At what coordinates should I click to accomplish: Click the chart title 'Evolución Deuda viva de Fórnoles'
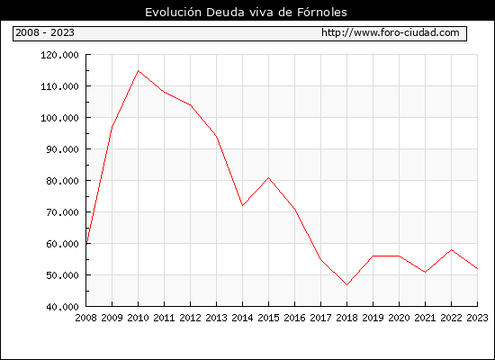pyautogui.click(x=246, y=13)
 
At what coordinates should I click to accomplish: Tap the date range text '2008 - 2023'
pyautogui.click(x=45, y=32)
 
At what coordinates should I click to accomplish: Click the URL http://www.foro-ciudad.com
pyautogui.click(x=391, y=32)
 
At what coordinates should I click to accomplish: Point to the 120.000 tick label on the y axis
pyautogui.click(x=59, y=55)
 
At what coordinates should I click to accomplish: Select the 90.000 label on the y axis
pyautogui.click(x=62, y=149)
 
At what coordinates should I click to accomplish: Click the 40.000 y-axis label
pyautogui.click(x=62, y=307)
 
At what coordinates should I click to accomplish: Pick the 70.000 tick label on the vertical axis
pyautogui.click(x=62, y=212)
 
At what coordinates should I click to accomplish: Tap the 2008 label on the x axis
pyautogui.click(x=85, y=318)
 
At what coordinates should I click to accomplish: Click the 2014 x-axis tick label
pyautogui.click(x=242, y=318)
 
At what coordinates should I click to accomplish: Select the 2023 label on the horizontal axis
pyautogui.click(x=477, y=318)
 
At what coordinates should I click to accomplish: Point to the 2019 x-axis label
pyautogui.click(x=373, y=318)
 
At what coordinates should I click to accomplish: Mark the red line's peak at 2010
pyautogui.click(x=138, y=71)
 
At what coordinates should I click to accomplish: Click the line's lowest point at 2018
pyautogui.click(x=346, y=284)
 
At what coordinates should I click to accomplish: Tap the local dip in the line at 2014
pyautogui.click(x=242, y=205)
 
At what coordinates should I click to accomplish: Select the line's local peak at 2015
pyautogui.click(x=269, y=178)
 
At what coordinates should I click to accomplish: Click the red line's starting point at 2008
pyautogui.click(x=86, y=244)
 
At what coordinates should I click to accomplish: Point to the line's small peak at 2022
pyautogui.click(x=452, y=250)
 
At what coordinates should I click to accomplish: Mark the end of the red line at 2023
pyautogui.click(x=477, y=269)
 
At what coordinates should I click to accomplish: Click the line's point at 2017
pyautogui.click(x=320, y=259)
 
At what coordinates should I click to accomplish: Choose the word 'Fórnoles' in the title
pyautogui.click(x=321, y=13)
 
